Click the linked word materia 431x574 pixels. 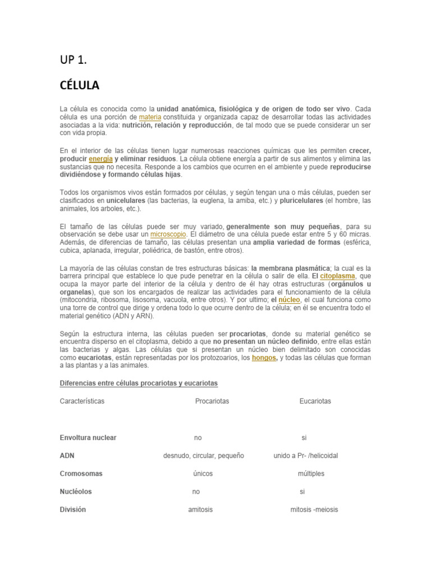click(x=150, y=117)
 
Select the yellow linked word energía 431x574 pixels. click(x=100, y=159)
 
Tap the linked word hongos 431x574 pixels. click(x=264, y=357)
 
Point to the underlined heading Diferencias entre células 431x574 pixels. click(x=139, y=383)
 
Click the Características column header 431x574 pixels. click(x=82, y=401)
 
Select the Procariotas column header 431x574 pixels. click(x=212, y=401)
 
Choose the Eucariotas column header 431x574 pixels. click(x=315, y=401)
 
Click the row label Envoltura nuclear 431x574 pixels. click(x=88, y=438)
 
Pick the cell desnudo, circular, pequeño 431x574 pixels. click(x=204, y=456)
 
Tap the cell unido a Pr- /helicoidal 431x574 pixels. click(x=306, y=456)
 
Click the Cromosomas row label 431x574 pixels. click(x=81, y=474)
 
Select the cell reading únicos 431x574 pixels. click(x=203, y=474)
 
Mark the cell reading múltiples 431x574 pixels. click(x=311, y=474)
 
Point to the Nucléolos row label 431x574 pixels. click(x=76, y=492)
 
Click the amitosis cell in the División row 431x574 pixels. click(x=200, y=510)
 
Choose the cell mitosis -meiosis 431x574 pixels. click(x=314, y=510)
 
